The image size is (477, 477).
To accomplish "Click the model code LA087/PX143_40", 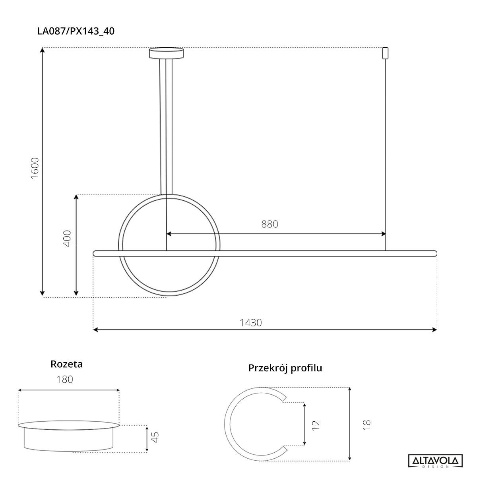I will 76,31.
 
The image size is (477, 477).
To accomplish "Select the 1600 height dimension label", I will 35,168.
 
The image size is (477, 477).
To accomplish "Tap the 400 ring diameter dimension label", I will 67,238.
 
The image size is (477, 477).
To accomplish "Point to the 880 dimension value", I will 270,224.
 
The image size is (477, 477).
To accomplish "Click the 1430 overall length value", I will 250,322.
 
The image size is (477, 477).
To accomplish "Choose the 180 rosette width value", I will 64,380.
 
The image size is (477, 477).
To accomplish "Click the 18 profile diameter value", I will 366,424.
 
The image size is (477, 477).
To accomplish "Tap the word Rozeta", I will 66,364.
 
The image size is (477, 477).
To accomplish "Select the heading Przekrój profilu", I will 285,368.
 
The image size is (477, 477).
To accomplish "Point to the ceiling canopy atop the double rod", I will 166,53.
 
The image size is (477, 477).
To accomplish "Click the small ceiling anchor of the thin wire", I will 384,53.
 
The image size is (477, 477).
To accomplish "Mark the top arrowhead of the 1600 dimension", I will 43,50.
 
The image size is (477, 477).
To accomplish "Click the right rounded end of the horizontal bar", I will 435,253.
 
